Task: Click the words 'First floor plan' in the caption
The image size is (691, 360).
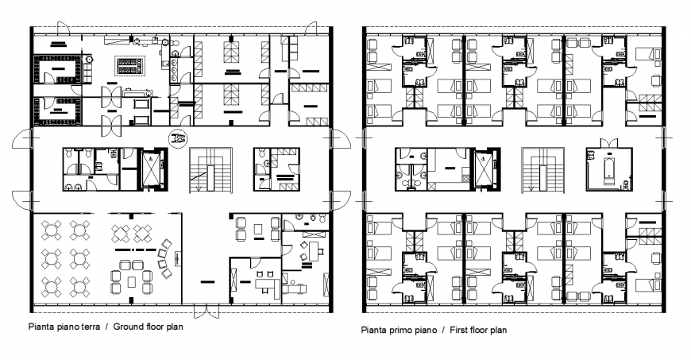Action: click(x=477, y=330)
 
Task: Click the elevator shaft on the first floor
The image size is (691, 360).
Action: click(x=483, y=168)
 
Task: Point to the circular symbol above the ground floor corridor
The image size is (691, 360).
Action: click(x=177, y=138)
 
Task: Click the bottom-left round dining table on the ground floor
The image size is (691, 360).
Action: click(x=50, y=284)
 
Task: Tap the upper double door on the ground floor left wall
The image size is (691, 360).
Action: click(x=23, y=143)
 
